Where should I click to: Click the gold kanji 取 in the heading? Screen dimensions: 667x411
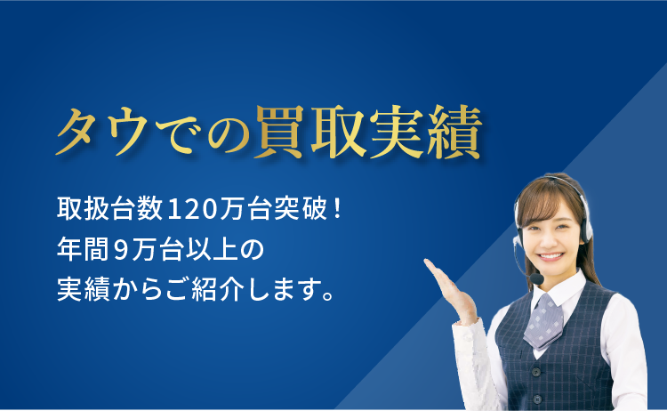pos(339,131)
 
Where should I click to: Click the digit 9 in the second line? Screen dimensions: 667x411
pos(121,250)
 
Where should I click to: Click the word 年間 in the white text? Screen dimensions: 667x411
pos(83,250)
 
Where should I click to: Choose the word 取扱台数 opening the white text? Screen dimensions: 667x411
pos(109,209)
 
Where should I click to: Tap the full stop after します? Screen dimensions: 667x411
pos(328,295)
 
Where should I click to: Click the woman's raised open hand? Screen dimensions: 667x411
pos(452,293)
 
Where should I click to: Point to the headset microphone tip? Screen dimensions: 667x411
pos(537,278)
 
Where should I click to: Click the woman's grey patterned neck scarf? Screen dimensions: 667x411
pos(544,320)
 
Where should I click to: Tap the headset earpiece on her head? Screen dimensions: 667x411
pos(586,229)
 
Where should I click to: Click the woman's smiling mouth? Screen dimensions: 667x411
pos(551,257)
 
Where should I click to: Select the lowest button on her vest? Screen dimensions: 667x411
pos(537,399)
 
